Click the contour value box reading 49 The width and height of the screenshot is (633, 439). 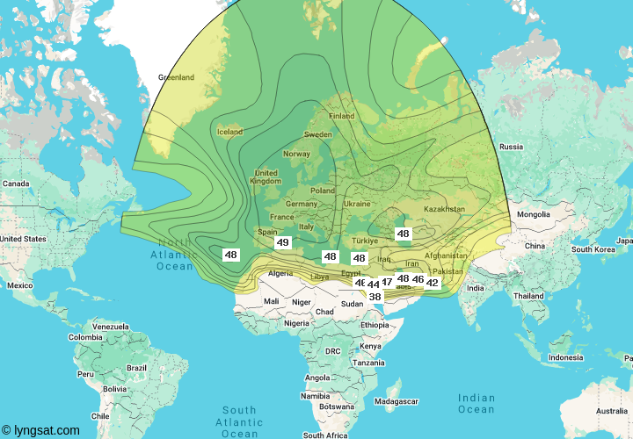[283, 243]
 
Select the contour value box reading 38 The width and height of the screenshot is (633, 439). [375, 297]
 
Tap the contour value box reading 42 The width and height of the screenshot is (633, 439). [432, 283]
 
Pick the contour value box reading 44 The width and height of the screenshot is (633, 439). [374, 284]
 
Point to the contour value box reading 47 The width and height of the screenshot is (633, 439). [387, 282]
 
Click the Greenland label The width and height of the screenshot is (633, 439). [176, 77]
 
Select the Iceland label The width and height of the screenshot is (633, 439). [229, 132]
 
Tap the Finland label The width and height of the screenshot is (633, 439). [342, 116]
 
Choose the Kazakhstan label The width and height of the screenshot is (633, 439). [444, 209]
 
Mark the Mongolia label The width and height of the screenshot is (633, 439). [533, 214]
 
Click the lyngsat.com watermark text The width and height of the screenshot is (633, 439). [41, 430]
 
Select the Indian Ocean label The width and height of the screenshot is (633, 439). [477, 403]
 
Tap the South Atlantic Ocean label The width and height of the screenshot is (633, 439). [239, 421]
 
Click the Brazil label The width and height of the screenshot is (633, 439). [136, 368]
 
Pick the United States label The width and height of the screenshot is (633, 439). [23, 239]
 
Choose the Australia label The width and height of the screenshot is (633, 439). [611, 411]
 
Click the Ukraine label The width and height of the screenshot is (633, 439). [356, 203]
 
